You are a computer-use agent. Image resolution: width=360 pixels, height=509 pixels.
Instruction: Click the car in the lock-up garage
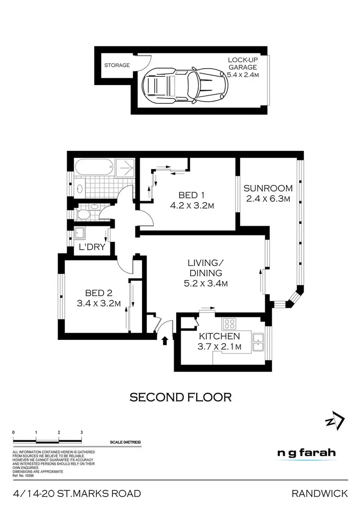pyautogui.click(x=183, y=87)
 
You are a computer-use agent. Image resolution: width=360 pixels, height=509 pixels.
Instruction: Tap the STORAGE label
pyautogui.click(x=118, y=65)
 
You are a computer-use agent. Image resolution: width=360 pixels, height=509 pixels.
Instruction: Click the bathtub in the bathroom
pyautogui.click(x=94, y=169)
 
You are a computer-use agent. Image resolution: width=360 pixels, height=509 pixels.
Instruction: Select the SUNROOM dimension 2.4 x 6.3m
pyautogui.click(x=267, y=198)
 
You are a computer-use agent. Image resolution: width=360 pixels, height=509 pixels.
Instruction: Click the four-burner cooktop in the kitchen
pyautogui.click(x=229, y=323)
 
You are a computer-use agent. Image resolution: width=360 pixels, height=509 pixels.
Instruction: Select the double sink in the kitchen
pyautogui.click(x=259, y=340)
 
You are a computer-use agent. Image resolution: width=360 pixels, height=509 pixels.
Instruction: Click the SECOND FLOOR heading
pyautogui.click(x=181, y=397)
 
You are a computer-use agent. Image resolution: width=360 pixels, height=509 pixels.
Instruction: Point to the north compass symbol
pyautogui.click(x=335, y=422)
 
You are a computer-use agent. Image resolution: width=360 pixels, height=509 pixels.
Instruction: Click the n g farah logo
pyautogui.click(x=307, y=453)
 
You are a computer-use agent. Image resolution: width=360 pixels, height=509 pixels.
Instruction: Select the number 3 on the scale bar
pyautogui.click(x=82, y=432)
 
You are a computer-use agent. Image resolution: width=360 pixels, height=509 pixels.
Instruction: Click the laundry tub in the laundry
pyautogui.click(x=80, y=233)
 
